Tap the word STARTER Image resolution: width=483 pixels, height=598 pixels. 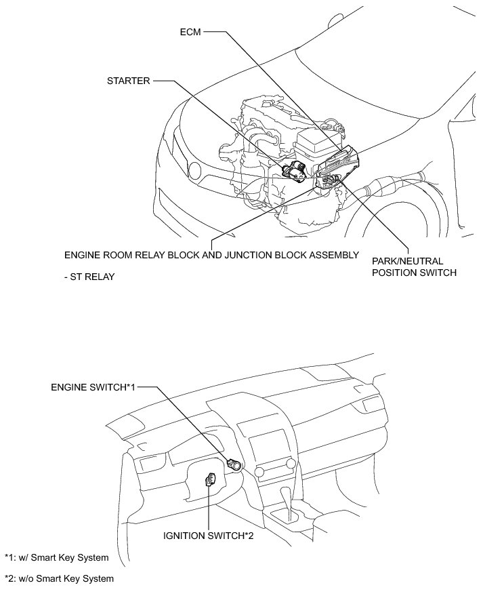click(x=129, y=81)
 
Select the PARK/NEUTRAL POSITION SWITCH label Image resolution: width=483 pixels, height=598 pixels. click(x=414, y=267)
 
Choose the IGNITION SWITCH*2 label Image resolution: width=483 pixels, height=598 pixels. click(x=208, y=536)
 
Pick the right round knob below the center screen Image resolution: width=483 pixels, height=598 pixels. click(x=291, y=464)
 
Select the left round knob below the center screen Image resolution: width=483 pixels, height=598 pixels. click(x=258, y=470)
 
